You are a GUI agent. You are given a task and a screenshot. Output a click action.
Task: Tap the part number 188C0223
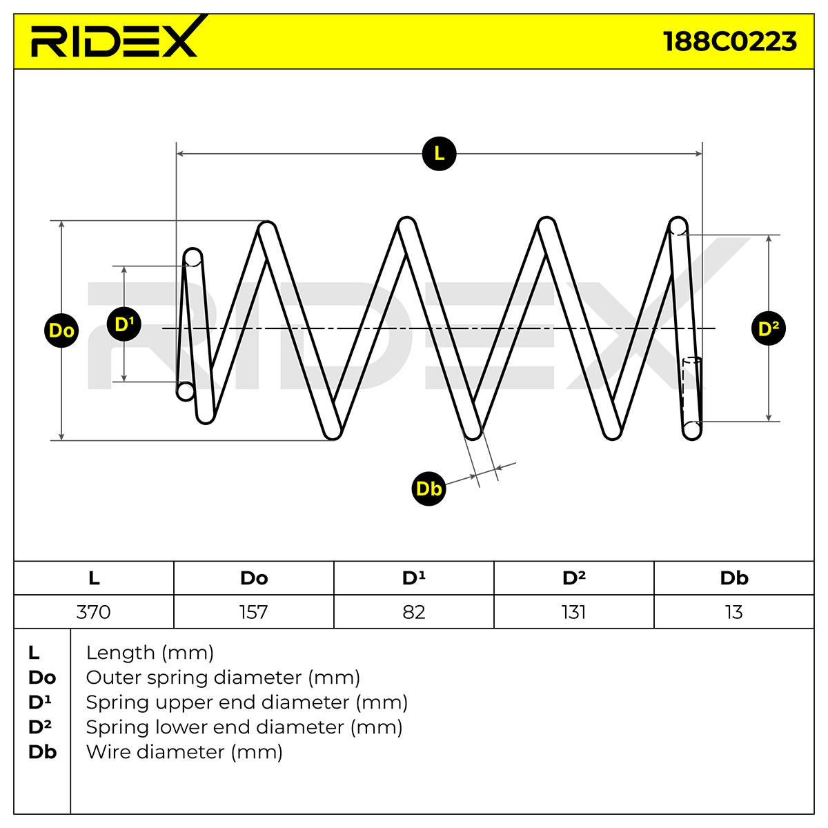coord(729,41)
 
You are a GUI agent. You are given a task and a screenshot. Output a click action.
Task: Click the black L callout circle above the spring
coord(439,153)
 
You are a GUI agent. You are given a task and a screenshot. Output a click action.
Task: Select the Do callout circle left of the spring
coord(61,331)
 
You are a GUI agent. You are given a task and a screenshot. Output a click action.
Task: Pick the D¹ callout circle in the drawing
coord(124,324)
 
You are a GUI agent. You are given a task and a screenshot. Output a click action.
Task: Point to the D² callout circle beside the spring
coord(768,328)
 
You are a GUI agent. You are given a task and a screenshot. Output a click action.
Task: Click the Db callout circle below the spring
coord(428,489)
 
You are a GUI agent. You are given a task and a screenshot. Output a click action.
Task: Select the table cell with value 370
coord(94,612)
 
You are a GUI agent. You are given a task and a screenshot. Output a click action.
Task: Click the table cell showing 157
coord(254,612)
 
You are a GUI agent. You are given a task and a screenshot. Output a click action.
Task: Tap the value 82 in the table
coord(414,612)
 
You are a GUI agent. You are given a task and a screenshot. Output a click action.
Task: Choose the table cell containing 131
coord(574,612)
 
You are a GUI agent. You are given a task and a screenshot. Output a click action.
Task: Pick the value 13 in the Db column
coord(734,612)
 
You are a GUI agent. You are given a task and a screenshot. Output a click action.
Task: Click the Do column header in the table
coord(254,578)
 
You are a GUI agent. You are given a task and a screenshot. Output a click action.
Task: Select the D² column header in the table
coord(574,578)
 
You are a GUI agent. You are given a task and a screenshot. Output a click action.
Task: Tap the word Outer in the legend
coord(113,678)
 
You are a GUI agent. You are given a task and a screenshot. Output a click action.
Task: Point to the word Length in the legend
coord(120,653)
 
